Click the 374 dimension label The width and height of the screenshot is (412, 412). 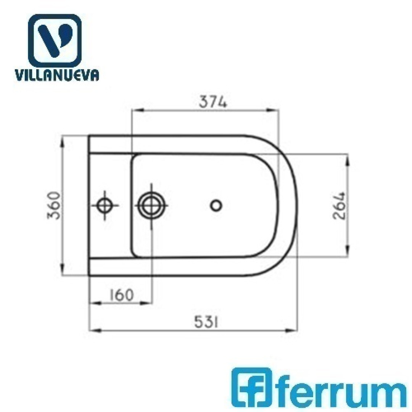click(x=212, y=102)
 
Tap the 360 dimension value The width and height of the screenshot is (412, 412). click(x=54, y=206)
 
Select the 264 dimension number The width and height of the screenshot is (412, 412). click(x=339, y=206)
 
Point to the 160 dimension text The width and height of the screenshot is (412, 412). click(x=121, y=295)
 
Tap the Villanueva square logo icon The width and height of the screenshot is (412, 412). click(x=55, y=41)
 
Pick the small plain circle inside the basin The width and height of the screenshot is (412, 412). click(x=216, y=206)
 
